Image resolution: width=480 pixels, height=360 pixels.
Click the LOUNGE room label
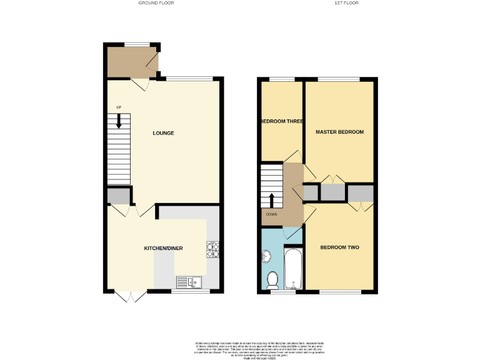tap(163, 133)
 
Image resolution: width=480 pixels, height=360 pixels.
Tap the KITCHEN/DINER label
tap(163, 248)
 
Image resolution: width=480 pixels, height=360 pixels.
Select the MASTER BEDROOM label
tap(339, 132)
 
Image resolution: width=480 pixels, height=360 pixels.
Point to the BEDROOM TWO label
tap(339, 247)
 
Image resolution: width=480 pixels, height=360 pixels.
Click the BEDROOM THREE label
tap(282, 121)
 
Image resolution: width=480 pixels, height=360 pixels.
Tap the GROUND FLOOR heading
tap(156, 3)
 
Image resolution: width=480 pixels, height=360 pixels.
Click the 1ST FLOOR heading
tap(346, 3)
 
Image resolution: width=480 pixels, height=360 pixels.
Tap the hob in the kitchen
tap(212, 250)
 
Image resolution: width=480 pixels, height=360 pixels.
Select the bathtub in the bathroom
tap(293, 269)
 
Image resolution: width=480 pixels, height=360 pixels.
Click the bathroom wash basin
tap(266, 256)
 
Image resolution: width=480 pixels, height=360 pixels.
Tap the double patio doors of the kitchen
tap(129, 296)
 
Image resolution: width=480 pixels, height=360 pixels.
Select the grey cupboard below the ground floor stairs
tap(117, 197)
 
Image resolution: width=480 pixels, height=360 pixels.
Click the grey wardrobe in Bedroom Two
tap(360, 193)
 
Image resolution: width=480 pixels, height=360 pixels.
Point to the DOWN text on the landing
tap(271, 214)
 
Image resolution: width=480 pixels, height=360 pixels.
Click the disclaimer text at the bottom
tap(259, 348)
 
